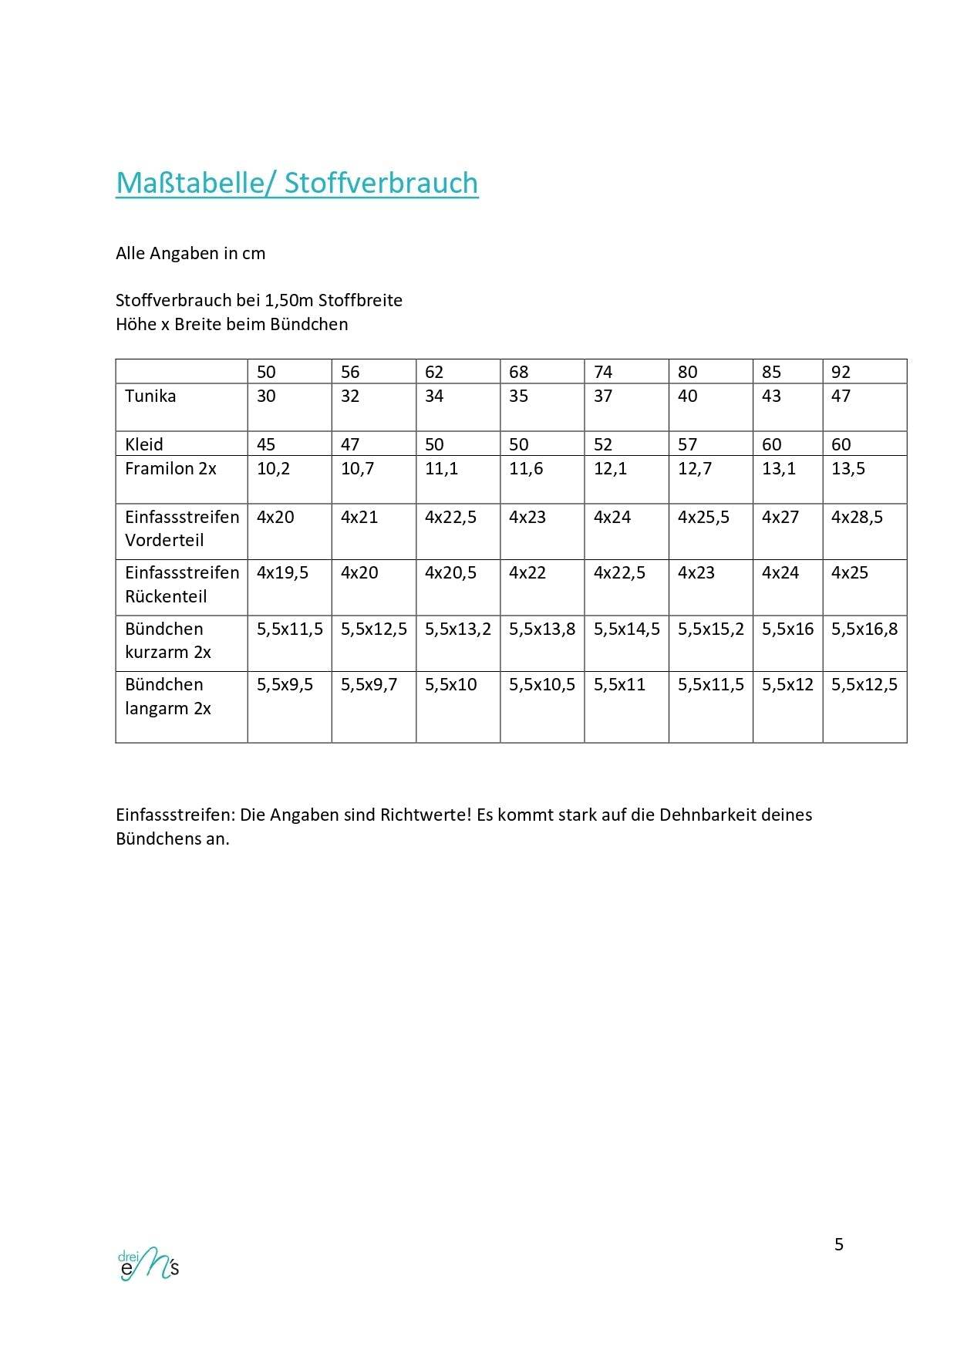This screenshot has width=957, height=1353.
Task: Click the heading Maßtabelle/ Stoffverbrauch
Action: point(297,183)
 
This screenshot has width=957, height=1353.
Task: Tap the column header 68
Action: point(518,372)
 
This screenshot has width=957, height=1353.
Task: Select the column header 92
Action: point(841,372)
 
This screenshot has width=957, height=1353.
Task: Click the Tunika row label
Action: point(150,396)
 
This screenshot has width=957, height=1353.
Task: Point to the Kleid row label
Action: point(144,444)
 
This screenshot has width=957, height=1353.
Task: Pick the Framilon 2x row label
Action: point(170,468)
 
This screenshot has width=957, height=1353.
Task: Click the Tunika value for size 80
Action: point(687,396)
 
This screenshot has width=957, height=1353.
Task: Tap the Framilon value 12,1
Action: point(610,468)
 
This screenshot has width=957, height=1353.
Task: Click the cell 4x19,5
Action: point(282,572)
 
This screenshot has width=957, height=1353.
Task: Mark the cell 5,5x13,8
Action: point(542,629)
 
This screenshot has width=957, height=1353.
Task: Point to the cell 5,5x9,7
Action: point(369,684)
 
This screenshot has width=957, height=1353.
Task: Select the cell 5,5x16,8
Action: point(864,629)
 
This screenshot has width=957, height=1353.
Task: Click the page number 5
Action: point(839,1244)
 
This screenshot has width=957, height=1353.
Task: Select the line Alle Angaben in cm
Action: point(190,253)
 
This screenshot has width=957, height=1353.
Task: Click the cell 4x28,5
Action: point(857,517)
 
